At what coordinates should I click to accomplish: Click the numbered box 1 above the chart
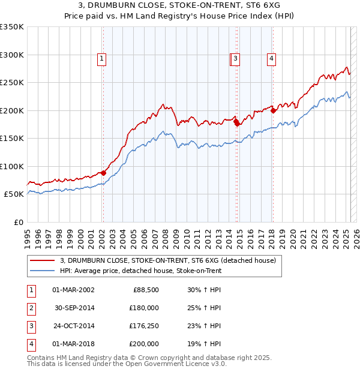pyautogui.click(x=102, y=59)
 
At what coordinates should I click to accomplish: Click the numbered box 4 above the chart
pyautogui.click(x=272, y=59)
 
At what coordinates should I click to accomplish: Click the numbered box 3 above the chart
pyautogui.click(x=236, y=59)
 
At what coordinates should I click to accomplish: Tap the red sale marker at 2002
pyautogui.click(x=103, y=173)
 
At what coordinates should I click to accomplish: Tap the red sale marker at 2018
pyautogui.click(x=273, y=110)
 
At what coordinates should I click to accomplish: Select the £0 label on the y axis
pyautogui.click(x=17, y=222)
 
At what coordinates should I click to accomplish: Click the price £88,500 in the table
pyautogui.click(x=144, y=290)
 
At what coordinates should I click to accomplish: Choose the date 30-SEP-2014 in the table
pyautogui.click(x=74, y=308)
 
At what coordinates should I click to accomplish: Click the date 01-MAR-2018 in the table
pyautogui.click(x=74, y=344)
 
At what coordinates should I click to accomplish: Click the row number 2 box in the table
pyautogui.click(x=31, y=308)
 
